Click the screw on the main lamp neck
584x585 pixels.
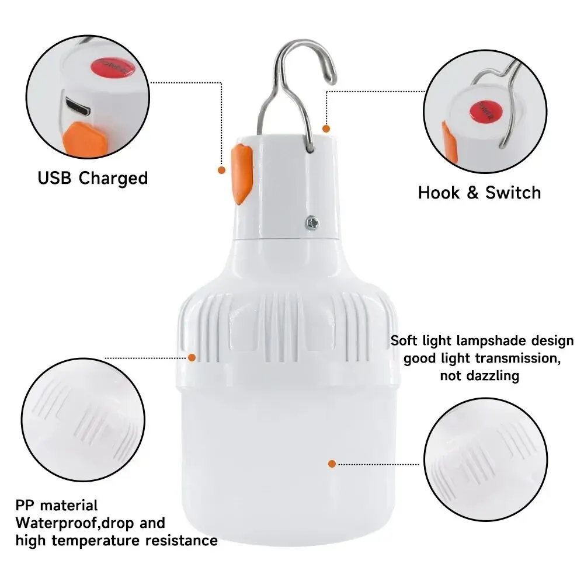(x=312, y=223)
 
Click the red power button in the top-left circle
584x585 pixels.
(x=112, y=67)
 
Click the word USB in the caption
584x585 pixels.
(x=54, y=177)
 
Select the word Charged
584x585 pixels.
(x=113, y=178)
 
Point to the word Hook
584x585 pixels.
(x=439, y=193)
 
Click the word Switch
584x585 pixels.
(x=513, y=193)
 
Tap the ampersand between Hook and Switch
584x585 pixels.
(x=472, y=193)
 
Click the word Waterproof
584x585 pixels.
(x=56, y=523)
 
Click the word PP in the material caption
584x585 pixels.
(x=25, y=506)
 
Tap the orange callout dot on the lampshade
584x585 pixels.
(x=332, y=464)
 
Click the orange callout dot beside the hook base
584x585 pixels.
(x=326, y=128)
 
